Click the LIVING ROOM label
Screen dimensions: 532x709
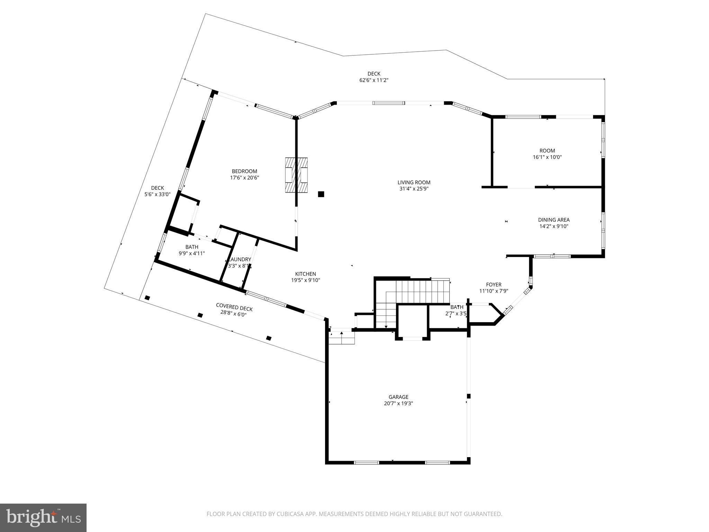point(414,183)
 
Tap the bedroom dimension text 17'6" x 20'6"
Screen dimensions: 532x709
point(244,178)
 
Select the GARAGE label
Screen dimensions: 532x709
point(398,397)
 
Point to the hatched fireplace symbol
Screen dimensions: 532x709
point(296,175)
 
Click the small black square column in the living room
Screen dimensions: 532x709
point(321,194)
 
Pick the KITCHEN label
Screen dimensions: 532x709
point(305,274)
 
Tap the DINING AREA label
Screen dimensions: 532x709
point(554,220)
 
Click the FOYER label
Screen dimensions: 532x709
point(494,285)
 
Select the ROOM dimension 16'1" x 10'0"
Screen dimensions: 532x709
point(547,157)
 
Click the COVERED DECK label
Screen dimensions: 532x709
point(234,307)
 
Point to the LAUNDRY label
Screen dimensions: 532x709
point(240,259)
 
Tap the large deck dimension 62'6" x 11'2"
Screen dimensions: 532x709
point(374,80)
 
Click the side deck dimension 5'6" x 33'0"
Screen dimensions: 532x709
point(157,195)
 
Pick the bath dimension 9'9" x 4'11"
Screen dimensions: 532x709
point(191,254)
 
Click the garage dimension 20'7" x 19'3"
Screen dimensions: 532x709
point(398,404)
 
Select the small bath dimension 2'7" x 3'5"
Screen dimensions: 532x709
point(456,314)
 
